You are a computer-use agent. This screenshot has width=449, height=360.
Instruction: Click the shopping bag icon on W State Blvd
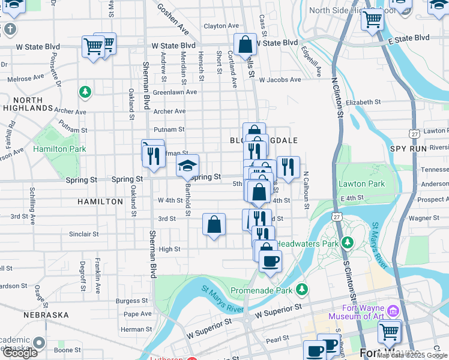click(245, 44)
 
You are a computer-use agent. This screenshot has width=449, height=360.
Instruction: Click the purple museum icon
click(393, 311)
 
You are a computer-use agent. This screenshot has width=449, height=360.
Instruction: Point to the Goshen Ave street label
click(173, 19)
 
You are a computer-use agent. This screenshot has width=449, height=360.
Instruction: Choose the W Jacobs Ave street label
click(279, 80)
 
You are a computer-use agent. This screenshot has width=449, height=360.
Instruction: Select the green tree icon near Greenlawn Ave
click(85, 92)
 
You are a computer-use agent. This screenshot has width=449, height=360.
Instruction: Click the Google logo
click(20, 353)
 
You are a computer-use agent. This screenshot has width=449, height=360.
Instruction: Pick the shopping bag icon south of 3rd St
click(214, 226)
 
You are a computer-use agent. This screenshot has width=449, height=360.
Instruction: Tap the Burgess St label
click(132, 301)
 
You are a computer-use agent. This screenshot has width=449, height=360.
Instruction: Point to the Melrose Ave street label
click(26, 78)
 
